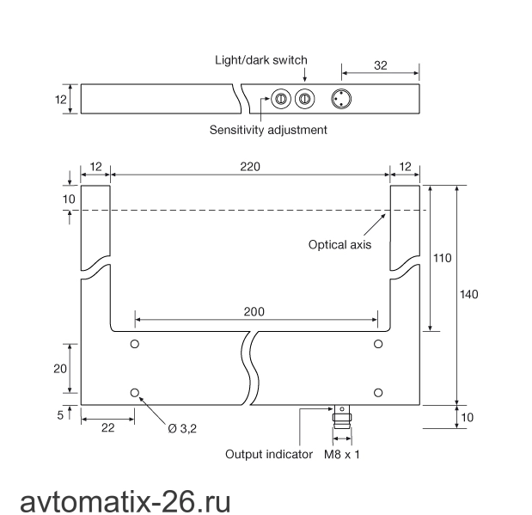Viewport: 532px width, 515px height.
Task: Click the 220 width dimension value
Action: coord(250,167)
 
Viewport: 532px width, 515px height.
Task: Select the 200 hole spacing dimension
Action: coord(254,311)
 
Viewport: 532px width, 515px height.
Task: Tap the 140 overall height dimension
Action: coord(469,294)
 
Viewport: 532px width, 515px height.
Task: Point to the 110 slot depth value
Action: coord(443,258)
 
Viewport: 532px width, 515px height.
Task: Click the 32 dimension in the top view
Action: coord(381,65)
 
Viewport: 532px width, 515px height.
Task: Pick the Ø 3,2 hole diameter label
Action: coord(182,429)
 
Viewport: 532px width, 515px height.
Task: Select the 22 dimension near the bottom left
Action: coord(108,428)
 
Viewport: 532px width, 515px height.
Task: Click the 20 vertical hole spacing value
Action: coord(60,369)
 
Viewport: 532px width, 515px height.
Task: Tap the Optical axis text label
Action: coord(339,245)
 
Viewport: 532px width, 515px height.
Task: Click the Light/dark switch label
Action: coord(261,60)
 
